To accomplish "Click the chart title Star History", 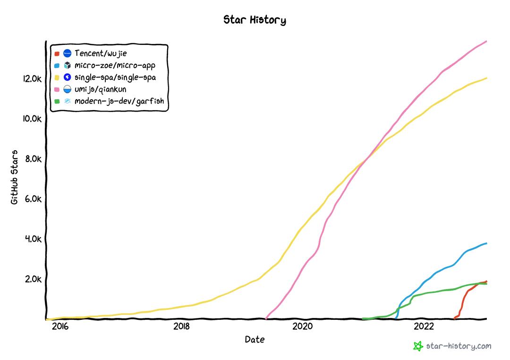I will click(255, 20).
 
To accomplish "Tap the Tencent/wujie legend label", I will click(101, 53).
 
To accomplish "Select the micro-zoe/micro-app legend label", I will click(115, 65).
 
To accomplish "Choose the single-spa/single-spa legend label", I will click(115, 77).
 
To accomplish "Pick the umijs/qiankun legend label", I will click(101, 89).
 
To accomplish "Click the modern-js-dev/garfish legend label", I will click(119, 101).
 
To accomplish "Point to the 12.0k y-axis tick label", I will click(32, 78).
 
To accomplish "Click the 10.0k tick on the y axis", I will click(32, 119).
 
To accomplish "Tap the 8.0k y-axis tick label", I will click(33, 159).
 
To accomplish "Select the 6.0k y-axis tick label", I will click(33, 199).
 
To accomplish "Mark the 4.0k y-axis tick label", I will click(33, 239).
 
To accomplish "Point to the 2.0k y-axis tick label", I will click(33, 279).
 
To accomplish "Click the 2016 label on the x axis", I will click(60, 326).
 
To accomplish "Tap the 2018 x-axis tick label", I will click(181, 326).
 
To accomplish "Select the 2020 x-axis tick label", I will click(302, 326).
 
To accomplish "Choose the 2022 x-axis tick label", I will click(424, 326).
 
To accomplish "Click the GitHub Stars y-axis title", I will click(15, 177).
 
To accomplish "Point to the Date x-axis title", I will click(255, 339).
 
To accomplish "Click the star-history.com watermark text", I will click(459, 346).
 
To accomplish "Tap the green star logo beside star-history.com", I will click(418, 346).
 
